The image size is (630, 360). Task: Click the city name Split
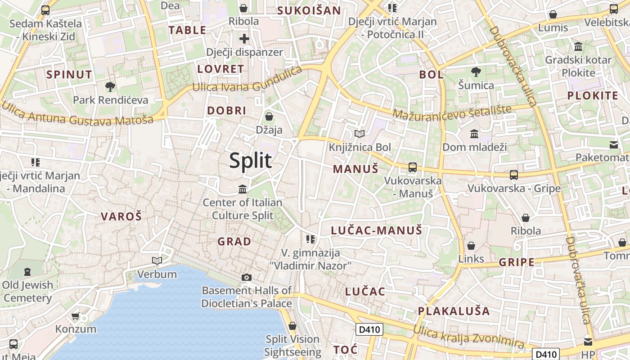[251, 161]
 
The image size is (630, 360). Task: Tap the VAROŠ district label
[121, 216]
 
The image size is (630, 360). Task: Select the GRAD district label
[234, 242]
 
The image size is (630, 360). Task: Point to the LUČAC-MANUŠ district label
[377, 231]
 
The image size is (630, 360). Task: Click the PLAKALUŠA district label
[454, 311]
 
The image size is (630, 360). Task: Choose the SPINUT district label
[69, 75]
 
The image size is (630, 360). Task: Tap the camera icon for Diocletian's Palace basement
[247, 277]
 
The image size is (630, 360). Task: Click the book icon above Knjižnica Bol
[359, 134]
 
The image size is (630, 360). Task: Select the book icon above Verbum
[157, 261]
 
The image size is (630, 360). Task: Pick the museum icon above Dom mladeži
[474, 134]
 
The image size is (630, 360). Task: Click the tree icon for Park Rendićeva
[110, 86]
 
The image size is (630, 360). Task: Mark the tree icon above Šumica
[476, 72]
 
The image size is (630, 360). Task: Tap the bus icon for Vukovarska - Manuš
[412, 167]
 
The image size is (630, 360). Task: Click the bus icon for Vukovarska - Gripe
[513, 175]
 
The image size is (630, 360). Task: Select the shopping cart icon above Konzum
[76, 316]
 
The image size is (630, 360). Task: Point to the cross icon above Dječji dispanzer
[244, 39]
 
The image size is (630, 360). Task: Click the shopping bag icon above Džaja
[269, 117]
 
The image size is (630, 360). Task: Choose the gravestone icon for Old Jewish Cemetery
[27, 272]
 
